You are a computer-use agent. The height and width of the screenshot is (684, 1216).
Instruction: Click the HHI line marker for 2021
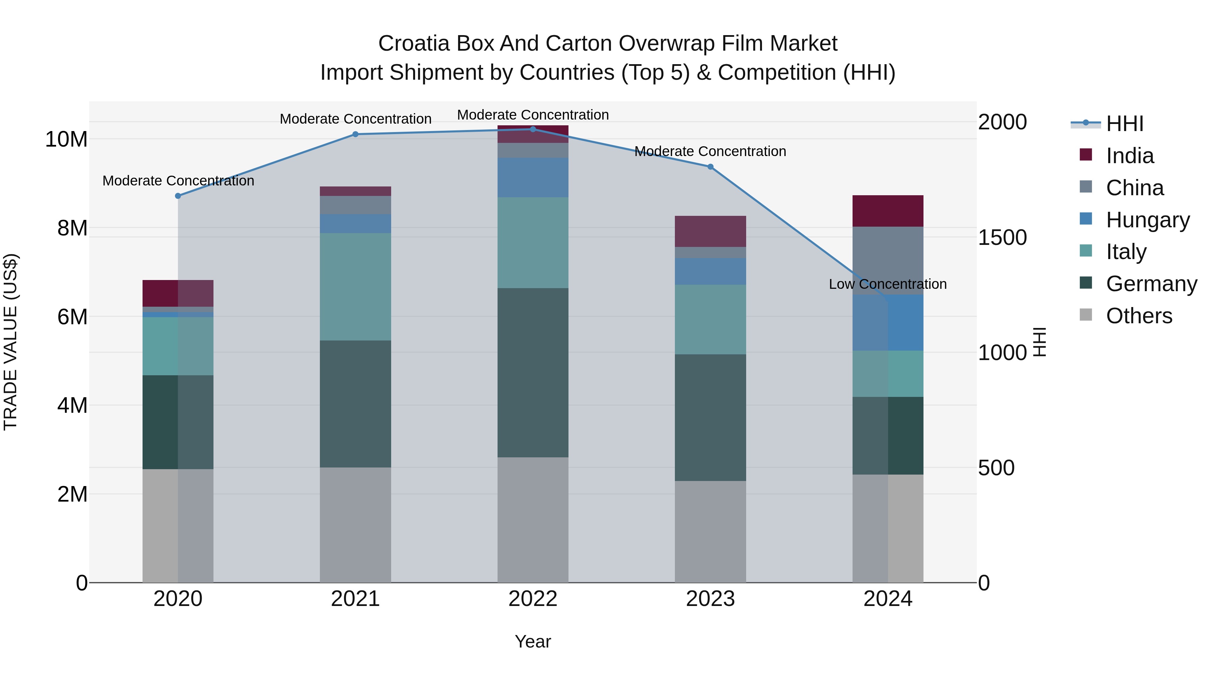[355, 134]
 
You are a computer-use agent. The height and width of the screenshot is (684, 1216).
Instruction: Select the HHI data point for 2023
[710, 167]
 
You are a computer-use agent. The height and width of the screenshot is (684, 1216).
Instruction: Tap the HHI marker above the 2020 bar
[178, 196]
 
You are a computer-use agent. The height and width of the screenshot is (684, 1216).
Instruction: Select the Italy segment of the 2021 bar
[355, 286]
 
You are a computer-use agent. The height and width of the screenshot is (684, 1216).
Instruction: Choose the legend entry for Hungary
[1147, 220]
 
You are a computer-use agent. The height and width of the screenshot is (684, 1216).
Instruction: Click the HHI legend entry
[1123, 124]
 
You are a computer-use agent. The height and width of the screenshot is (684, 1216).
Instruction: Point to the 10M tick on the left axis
[66, 139]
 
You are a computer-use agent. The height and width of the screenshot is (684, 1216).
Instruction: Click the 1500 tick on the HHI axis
[1002, 237]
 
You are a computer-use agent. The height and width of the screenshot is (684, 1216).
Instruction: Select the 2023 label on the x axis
[710, 599]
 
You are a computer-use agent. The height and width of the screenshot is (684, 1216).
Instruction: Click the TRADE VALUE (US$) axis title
[10, 342]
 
